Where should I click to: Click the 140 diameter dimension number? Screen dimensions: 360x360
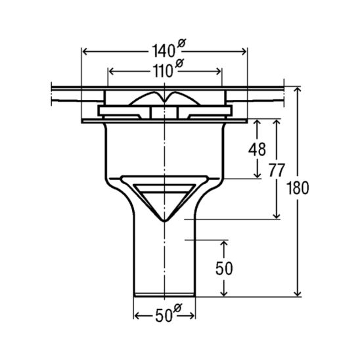[x=163, y=51]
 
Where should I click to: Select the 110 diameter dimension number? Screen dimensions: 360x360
[x=163, y=71]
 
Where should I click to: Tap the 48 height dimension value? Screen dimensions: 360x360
[x=257, y=149]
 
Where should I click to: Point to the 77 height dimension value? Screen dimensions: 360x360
[x=277, y=170]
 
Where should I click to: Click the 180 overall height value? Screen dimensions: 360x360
[x=298, y=188]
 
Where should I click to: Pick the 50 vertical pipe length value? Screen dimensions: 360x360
[x=224, y=269]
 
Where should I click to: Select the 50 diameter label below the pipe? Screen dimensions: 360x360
[x=164, y=316]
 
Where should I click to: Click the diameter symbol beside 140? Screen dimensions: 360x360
[x=181, y=43]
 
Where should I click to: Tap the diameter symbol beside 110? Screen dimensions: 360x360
[x=179, y=63]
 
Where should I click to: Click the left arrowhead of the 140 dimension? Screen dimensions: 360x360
[x=85, y=52]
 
